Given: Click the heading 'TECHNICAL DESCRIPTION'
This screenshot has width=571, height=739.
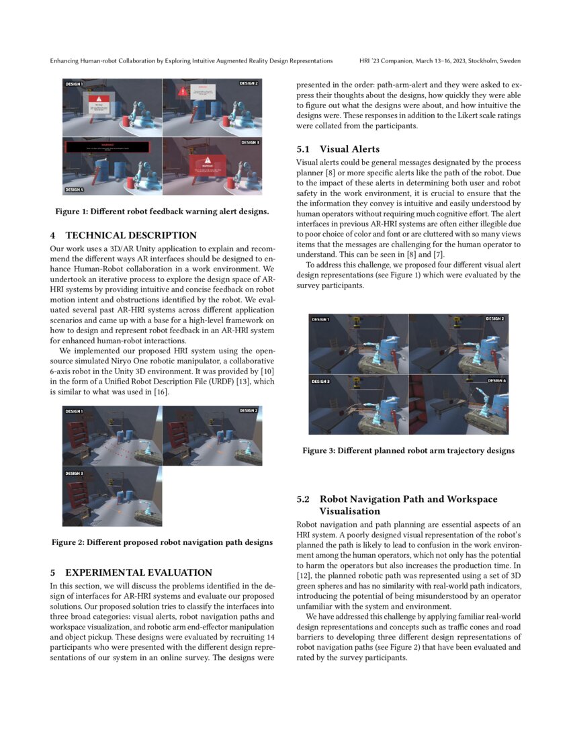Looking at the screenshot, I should [131, 235].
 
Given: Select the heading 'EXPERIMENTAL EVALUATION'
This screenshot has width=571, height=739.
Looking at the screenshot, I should [138, 572].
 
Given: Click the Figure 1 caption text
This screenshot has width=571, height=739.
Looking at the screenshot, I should [162, 212].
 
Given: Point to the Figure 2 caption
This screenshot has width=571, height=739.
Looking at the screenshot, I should [162, 542].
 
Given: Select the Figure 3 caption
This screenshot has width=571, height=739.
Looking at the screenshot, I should [408, 451].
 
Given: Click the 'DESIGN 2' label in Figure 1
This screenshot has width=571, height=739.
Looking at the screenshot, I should [248, 83].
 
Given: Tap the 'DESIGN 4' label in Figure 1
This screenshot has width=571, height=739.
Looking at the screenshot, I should [75, 190].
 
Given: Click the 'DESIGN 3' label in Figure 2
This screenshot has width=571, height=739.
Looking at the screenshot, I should [74, 474].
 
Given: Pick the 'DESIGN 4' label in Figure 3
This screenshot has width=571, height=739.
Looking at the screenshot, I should [496, 381].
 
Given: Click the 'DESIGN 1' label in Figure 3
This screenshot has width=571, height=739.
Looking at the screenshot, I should [320, 319].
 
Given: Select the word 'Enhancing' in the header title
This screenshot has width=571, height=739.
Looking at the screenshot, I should [66, 61].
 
